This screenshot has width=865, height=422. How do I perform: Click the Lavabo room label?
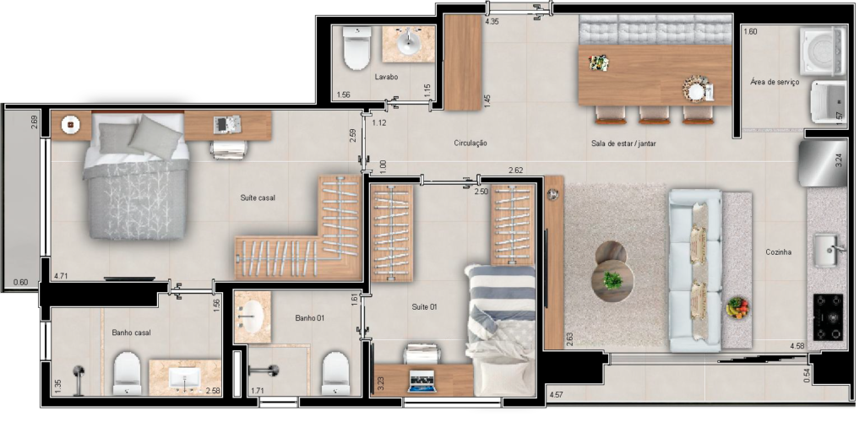pos(386,77)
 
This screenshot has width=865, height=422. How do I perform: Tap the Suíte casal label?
pos(258,197)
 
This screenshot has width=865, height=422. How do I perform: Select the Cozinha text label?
pos(778,252)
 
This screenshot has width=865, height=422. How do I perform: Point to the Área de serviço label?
pos(775,82)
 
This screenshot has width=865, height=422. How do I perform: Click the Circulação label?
pos(471,143)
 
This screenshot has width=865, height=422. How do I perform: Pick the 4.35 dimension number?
pos(492,22)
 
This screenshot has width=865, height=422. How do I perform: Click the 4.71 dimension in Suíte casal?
pos(61,277)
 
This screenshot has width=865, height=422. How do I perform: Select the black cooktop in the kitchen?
pos(828,317)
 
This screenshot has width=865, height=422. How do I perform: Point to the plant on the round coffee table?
pos(612,280)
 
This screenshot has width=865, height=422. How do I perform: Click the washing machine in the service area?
pos(823,51)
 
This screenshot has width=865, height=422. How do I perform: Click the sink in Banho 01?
pos(253,317)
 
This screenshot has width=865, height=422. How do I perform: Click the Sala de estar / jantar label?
pos(623,143)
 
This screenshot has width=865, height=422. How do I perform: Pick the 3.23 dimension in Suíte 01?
pos(381,383)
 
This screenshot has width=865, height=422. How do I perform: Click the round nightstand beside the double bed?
pos(70,126)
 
